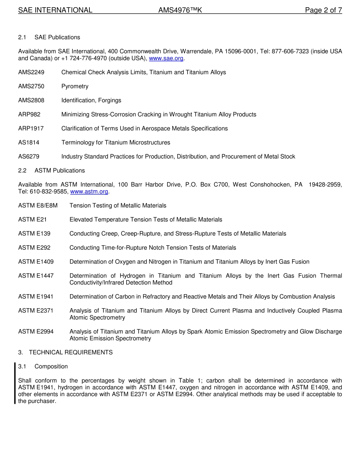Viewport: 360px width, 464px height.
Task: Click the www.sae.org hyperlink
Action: tap(166, 58)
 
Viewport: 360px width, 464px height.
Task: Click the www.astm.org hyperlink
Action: tap(89, 191)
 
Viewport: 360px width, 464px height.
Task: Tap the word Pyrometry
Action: tap(75, 86)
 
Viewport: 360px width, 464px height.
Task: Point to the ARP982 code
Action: tap(29, 114)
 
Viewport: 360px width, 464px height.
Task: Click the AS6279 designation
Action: tap(28, 156)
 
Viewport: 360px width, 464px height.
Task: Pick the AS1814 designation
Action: tap(28, 142)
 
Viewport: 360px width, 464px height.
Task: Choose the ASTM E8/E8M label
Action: tap(38, 205)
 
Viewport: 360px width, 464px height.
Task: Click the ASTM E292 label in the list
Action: tap(34, 248)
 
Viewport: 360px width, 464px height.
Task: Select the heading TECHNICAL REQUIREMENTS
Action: tap(70, 352)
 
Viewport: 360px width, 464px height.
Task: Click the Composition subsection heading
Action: tap(51, 366)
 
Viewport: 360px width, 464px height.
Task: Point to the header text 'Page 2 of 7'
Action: tap(323, 10)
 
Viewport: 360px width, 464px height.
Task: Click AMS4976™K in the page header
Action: tap(180, 10)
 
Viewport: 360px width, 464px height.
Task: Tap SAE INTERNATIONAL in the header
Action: tap(55, 10)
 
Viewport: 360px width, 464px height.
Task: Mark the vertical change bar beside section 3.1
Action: tap(15, 383)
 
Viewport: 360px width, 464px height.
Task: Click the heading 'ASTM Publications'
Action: tap(59, 170)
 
